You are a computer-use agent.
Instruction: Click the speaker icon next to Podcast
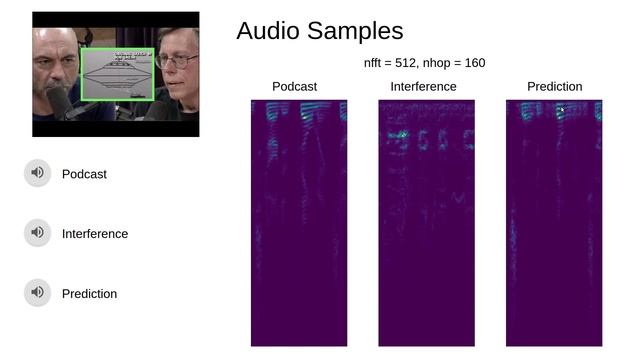[37, 173]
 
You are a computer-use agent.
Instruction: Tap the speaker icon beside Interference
[37, 233]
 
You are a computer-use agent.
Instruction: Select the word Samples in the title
[354, 31]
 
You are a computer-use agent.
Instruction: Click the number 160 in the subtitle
[474, 63]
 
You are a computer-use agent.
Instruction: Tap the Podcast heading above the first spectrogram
[294, 87]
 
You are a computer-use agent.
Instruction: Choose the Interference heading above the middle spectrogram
[423, 87]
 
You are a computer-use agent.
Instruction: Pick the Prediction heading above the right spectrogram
[554, 87]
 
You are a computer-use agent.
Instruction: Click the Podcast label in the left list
[84, 174]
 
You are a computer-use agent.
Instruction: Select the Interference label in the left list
[95, 234]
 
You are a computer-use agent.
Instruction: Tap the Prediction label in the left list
[89, 294]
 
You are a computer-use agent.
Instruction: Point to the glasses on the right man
[175, 61]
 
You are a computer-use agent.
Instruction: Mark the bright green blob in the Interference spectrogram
[399, 133]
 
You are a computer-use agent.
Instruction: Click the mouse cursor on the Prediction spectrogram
[562, 109]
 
